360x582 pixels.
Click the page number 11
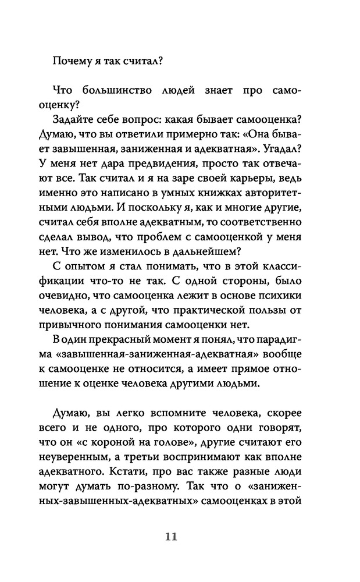point(170,536)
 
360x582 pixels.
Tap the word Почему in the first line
point(70,59)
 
